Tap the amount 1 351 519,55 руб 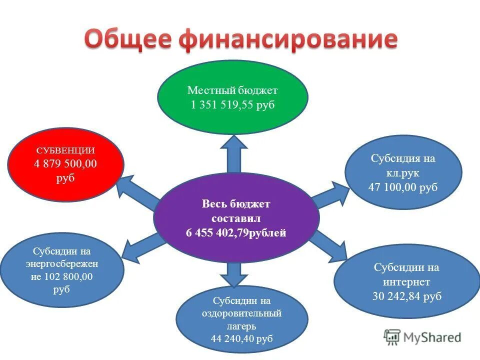coord(232,106)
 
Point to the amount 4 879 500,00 coord(65,164)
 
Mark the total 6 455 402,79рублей coord(236,233)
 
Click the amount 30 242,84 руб coord(407,296)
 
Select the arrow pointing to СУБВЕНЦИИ coord(137,193)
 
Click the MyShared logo coord(422,337)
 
